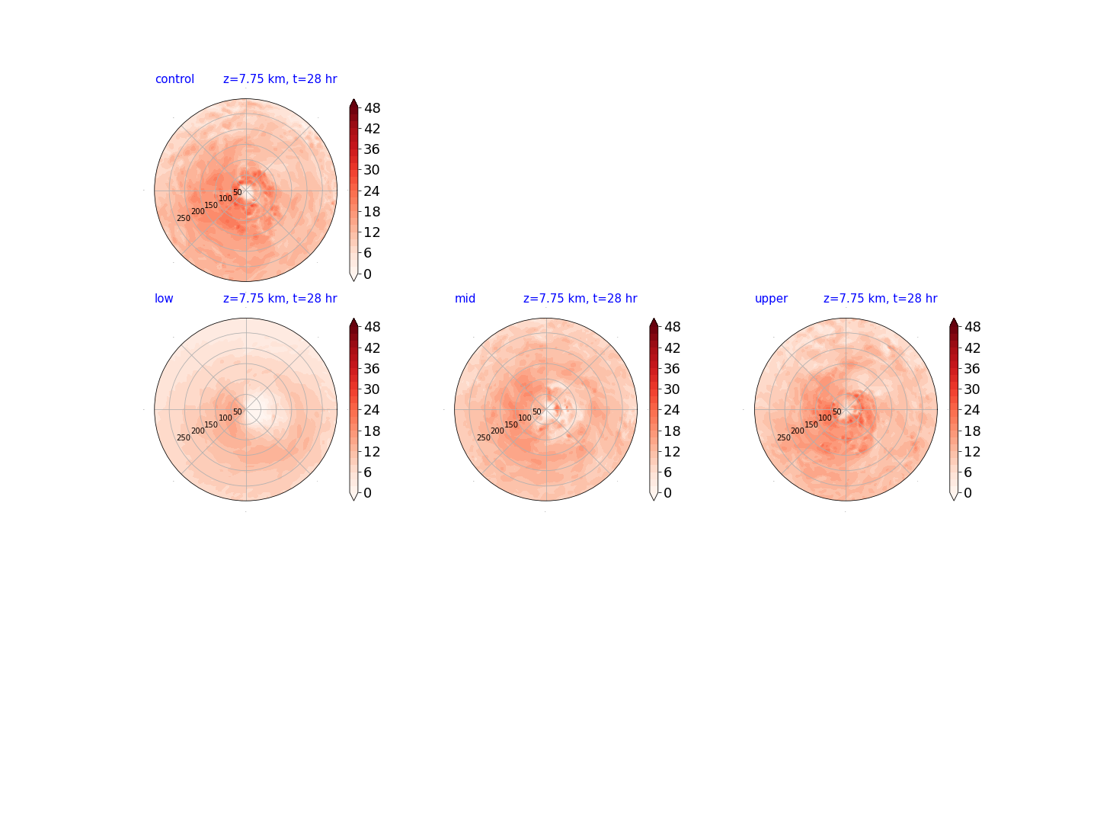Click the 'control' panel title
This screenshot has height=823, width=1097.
174,79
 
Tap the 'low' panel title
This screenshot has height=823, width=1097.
164,298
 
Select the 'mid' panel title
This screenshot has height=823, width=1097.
465,298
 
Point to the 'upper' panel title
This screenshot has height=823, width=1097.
771,299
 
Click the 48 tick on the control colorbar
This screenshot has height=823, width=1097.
373,108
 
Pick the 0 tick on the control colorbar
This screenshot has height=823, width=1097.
368,274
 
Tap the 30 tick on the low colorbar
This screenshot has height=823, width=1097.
372,389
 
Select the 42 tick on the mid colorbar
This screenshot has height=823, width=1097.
672,347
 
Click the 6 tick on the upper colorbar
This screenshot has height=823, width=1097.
967,472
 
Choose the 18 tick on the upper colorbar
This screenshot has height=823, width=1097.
972,431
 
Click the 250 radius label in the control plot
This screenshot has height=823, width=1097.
184,219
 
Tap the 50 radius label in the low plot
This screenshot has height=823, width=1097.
238,411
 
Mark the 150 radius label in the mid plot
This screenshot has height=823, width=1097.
511,424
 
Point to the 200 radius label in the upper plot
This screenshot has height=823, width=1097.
798,431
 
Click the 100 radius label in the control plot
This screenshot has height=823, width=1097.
225,198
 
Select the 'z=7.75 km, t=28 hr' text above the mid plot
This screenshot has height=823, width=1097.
580,298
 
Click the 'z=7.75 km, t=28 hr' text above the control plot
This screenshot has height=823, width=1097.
280,79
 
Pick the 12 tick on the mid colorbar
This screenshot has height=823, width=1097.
672,451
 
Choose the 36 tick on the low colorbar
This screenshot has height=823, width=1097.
372,368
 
